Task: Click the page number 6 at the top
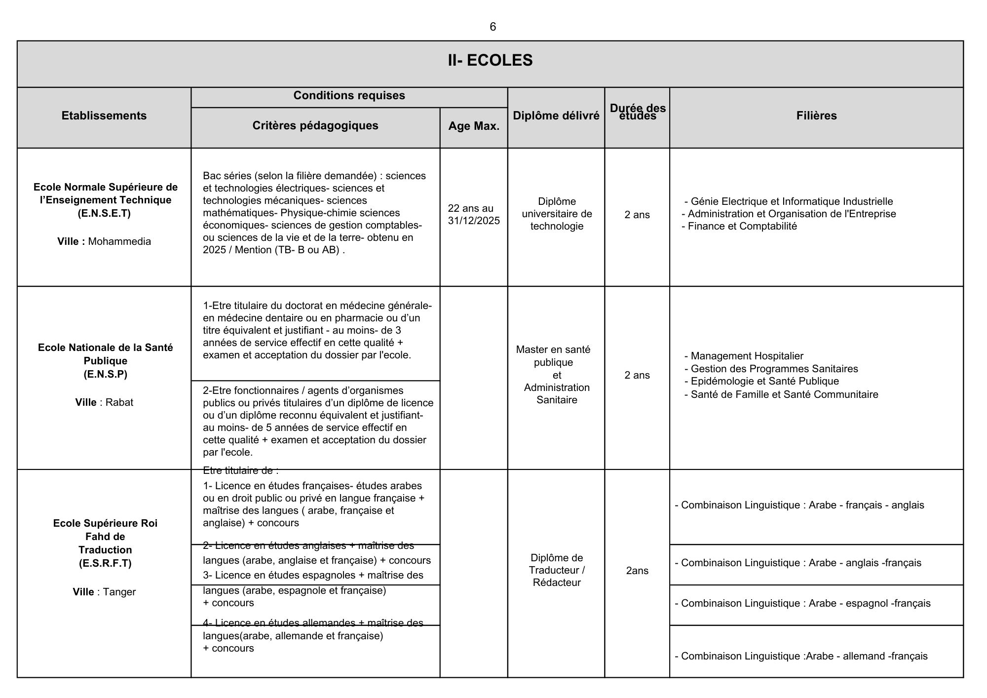pyautogui.click(x=493, y=27)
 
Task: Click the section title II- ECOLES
pyautogui.click(x=490, y=60)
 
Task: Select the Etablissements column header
pyautogui.click(x=104, y=116)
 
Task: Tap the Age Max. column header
pyautogui.click(x=474, y=126)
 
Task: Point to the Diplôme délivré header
pyautogui.click(x=556, y=116)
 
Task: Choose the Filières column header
pyautogui.click(x=816, y=116)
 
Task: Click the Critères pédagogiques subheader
pyautogui.click(x=315, y=125)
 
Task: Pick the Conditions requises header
pyautogui.click(x=349, y=95)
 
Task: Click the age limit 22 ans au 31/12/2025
pyautogui.click(x=474, y=214)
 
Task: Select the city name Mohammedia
pyautogui.click(x=119, y=241)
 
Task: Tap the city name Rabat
pyautogui.click(x=119, y=402)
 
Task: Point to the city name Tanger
pyautogui.click(x=119, y=592)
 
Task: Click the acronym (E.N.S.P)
pyautogui.click(x=105, y=374)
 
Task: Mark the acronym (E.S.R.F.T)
pyautogui.click(x=105, y=563)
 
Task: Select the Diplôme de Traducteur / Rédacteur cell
pyautogui.click(x=557, y=570)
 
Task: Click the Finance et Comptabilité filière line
pyautogui.click(x=742, y=227)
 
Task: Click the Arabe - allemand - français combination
pyautogui.click(x=801, y=656)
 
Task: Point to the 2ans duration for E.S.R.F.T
pyautogui.click(x=637, y=571)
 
